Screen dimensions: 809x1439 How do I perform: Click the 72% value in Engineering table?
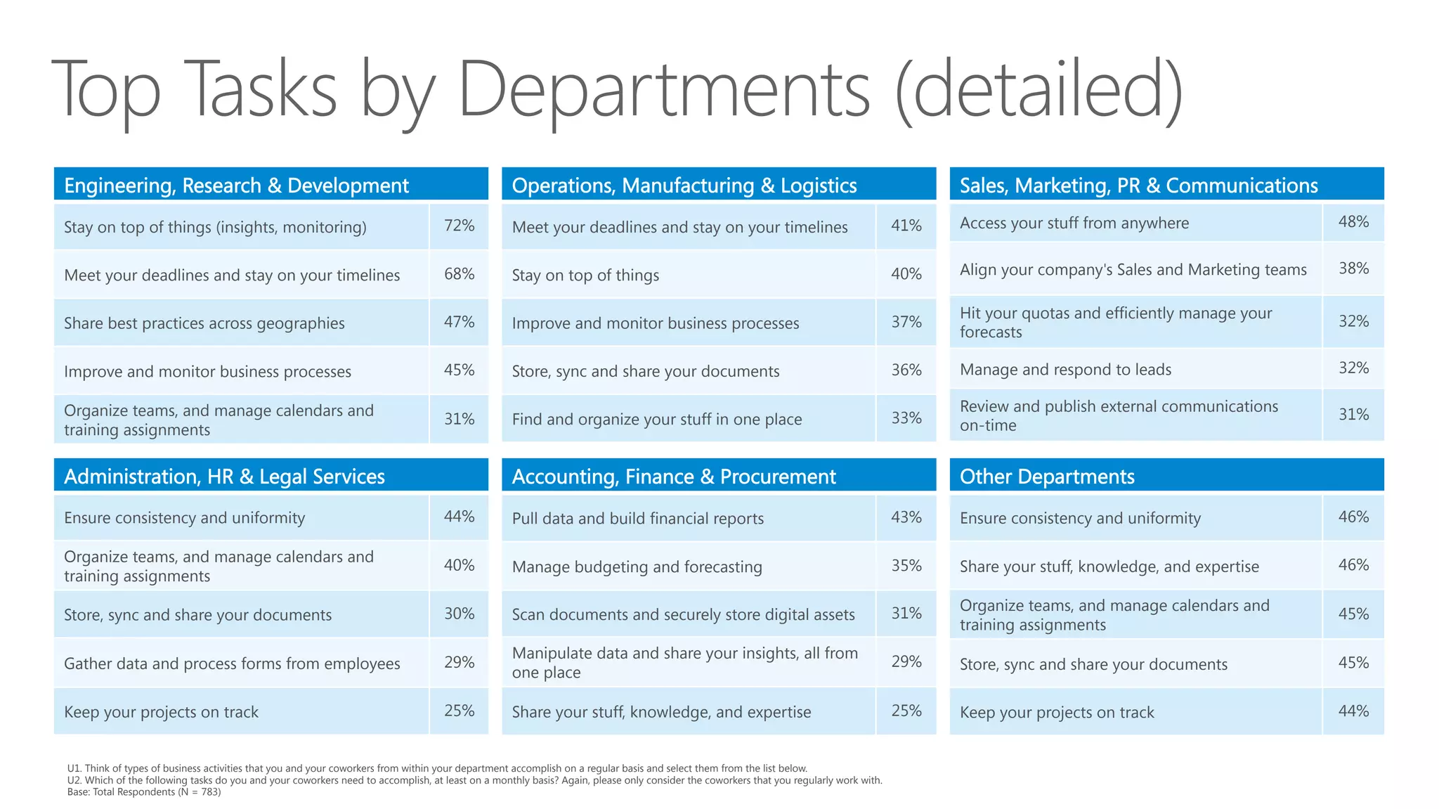tap(459, 226)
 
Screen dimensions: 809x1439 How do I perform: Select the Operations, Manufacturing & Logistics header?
tap(684, 186)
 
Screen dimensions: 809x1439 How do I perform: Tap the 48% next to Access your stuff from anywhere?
tap(1353, 222)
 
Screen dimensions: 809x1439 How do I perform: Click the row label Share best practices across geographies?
tap(204, 323)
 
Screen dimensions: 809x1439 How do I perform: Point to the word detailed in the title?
tap(1038, 90)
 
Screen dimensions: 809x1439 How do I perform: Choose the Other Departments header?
tap(1046, 477)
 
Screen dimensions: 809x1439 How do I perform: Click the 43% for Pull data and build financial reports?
tap(906, 517)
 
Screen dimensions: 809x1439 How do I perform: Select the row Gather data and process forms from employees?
tap(232, 664)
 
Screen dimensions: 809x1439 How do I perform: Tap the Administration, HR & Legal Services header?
tap(224, 477)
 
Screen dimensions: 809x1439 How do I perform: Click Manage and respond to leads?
tap(1065, 370)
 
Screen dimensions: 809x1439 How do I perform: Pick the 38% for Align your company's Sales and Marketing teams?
tap(1353, 268)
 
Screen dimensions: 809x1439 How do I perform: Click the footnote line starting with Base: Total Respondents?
tap(144, 792)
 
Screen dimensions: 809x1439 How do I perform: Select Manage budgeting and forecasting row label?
tap(637, 567)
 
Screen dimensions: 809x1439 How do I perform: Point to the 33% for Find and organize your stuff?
tap(906, 418)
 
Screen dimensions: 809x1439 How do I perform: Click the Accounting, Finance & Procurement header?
tap(673, 477)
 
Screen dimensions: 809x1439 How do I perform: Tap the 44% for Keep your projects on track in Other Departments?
tap(1353, 711)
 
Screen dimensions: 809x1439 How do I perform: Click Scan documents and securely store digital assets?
tap(683, 615)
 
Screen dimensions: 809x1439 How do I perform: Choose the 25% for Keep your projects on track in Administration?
tap(459, 711)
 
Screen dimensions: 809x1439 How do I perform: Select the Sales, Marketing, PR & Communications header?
tap(1138, 186)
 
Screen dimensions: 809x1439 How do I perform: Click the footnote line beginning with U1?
tap(437, 768)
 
